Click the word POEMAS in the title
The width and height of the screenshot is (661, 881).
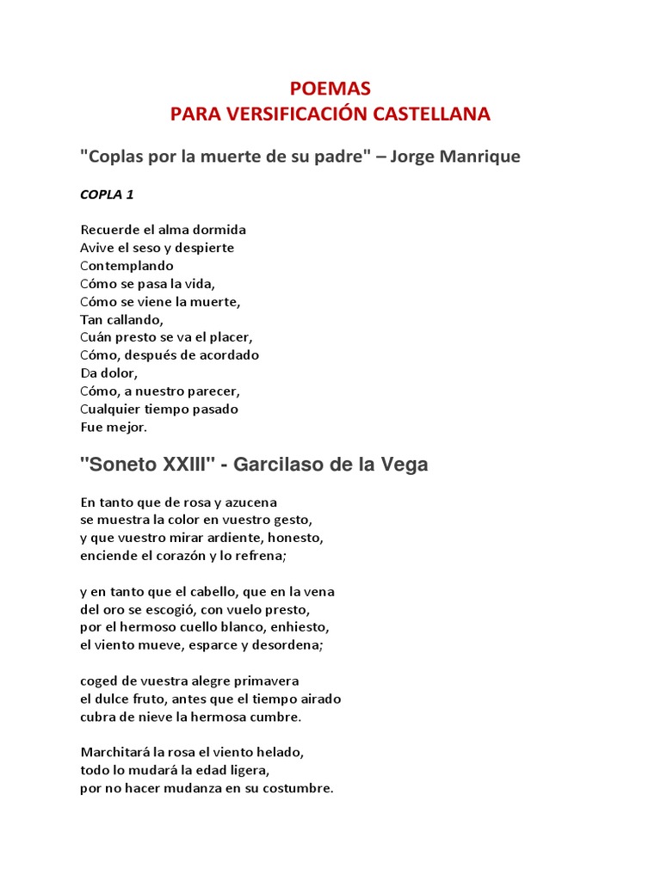330,89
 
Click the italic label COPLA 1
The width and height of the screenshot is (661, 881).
107,194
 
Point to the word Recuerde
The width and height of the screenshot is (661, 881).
108,230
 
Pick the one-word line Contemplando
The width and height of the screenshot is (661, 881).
127,266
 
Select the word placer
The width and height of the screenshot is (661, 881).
232,337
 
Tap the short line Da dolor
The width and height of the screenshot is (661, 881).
108,373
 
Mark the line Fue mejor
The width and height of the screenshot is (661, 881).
114,427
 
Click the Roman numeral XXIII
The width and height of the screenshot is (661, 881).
186,465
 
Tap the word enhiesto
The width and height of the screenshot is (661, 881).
300,627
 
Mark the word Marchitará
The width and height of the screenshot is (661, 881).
114,752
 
